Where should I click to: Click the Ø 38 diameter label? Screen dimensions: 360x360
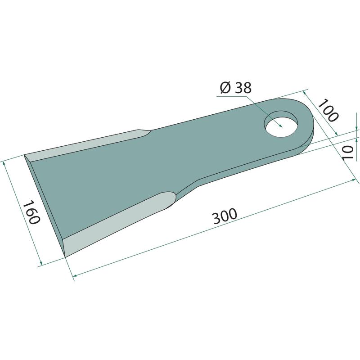(x=236, y=88)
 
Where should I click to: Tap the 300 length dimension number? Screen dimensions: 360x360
(x=225, y=216)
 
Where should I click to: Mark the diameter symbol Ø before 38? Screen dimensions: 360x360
(x=225, y=88)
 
